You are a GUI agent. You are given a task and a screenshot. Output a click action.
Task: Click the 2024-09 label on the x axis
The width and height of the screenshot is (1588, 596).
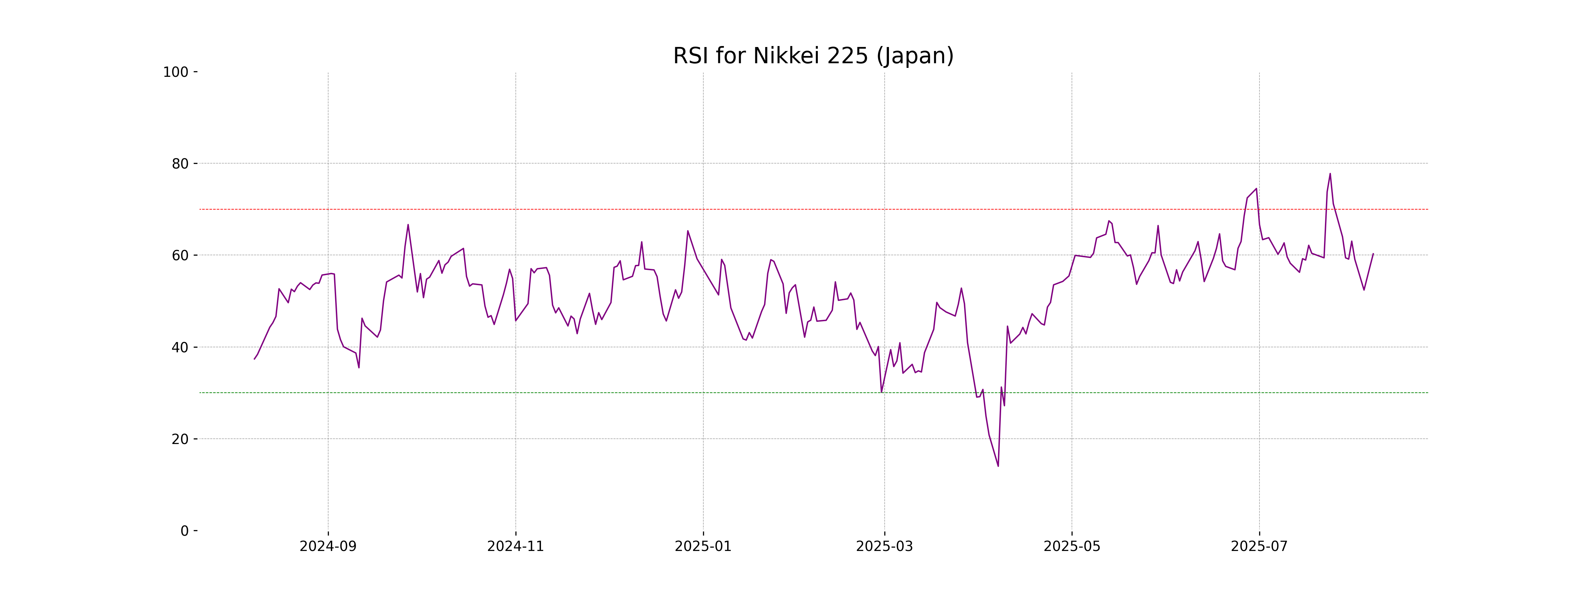[x=328, y=547]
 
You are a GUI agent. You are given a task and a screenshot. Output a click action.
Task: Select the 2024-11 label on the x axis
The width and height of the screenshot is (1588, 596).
[x=515, y=547]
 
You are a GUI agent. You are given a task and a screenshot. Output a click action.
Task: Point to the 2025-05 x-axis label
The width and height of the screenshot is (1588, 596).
[x=1072, y=547]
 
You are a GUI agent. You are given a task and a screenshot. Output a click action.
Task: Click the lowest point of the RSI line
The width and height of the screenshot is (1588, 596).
[x=998, y=466]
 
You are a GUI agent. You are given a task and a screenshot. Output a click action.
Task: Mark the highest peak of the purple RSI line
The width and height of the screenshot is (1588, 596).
[x=1330, y=174]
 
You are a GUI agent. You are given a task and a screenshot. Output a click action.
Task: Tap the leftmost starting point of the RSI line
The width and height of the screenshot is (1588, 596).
[x=254, y=359]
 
